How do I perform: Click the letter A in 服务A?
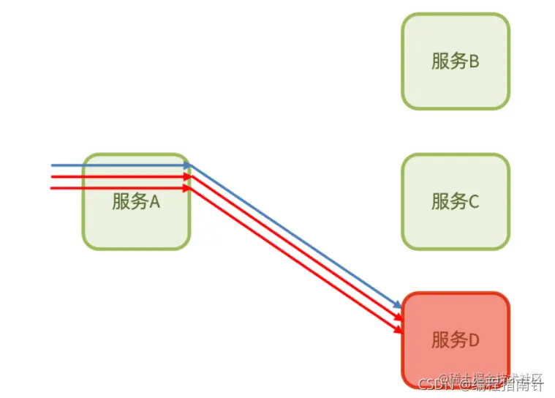point(154,202)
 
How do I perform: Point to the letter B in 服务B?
point(473,61)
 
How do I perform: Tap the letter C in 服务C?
point(473,201)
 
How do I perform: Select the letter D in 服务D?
point(473,339)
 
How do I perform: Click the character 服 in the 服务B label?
point(439,61)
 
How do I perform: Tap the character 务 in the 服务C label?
point(458,201)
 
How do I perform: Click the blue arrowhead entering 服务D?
point(398,304)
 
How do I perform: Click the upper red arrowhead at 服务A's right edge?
point(188,176)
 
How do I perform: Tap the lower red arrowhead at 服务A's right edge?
point(188,188)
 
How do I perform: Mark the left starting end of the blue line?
point(52,165)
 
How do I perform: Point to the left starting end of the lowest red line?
point(52,188)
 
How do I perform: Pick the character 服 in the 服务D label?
point(439,339)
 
